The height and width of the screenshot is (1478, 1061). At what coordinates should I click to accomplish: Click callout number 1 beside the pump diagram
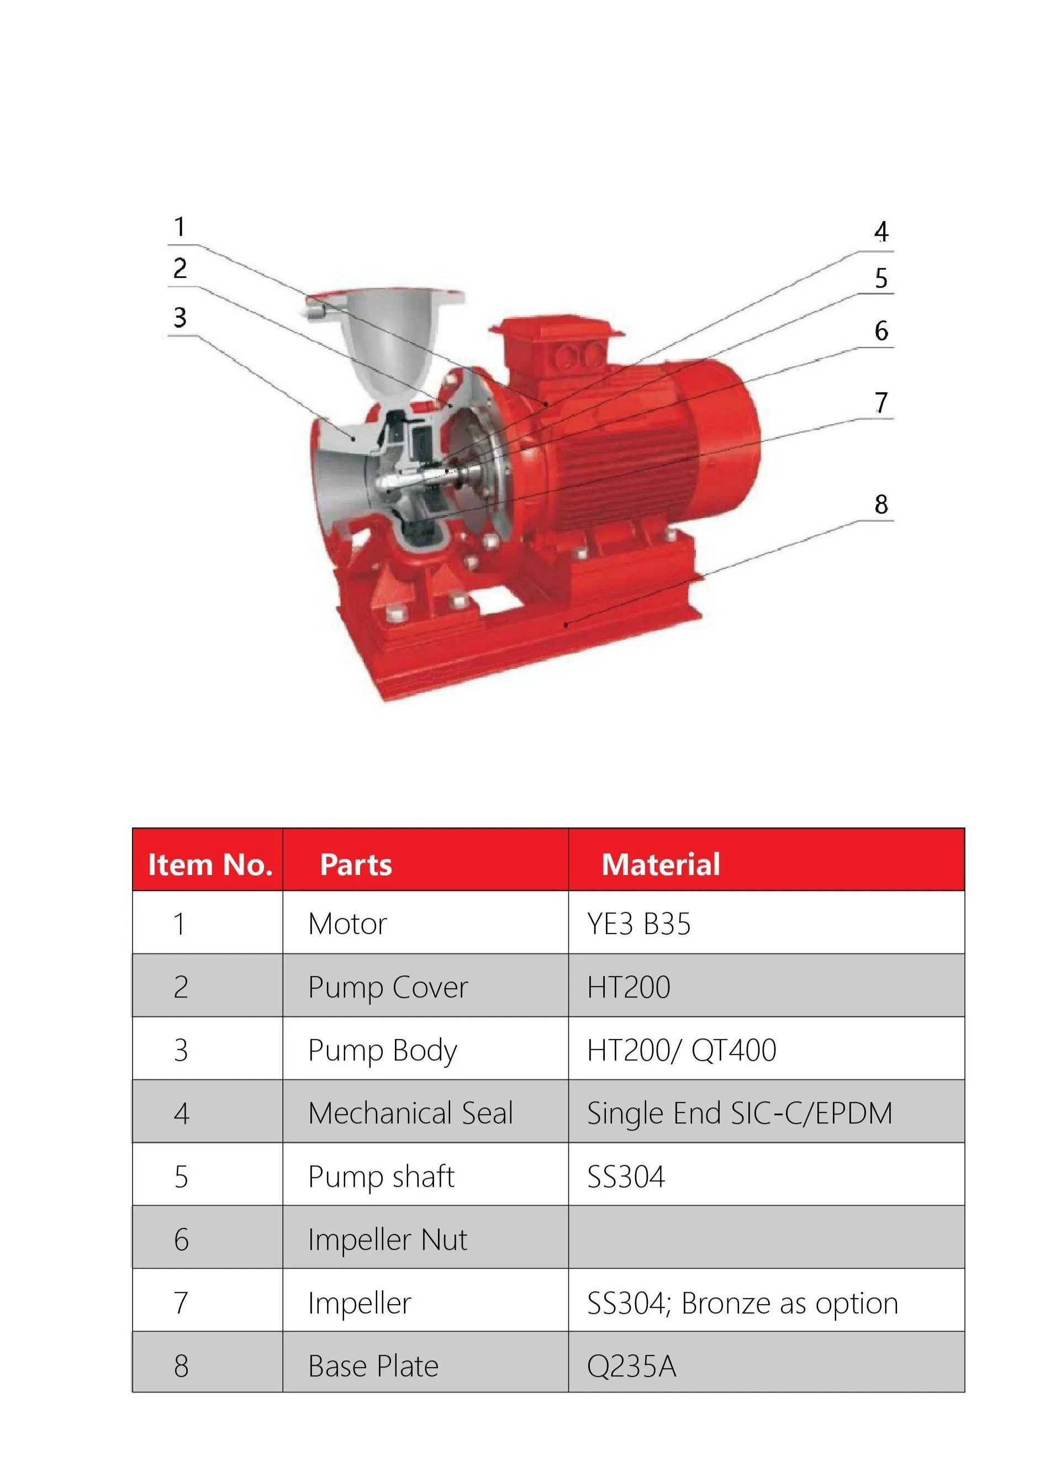(179, 227)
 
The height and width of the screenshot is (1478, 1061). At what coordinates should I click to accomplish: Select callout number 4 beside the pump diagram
(880, 231)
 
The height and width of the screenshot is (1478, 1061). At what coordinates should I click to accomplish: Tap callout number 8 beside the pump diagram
(880, 504)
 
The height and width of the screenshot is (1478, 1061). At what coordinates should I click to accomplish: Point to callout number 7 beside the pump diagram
(881, 402)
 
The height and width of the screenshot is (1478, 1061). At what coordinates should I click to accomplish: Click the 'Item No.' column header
(210, 864)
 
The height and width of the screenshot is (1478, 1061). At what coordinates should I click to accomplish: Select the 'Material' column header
(660, 864)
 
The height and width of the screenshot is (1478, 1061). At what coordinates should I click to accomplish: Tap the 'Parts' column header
(356, 864)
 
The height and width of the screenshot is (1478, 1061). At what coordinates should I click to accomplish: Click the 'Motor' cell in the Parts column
(347, 923)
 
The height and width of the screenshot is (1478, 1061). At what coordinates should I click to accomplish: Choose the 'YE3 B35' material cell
(638, 923)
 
